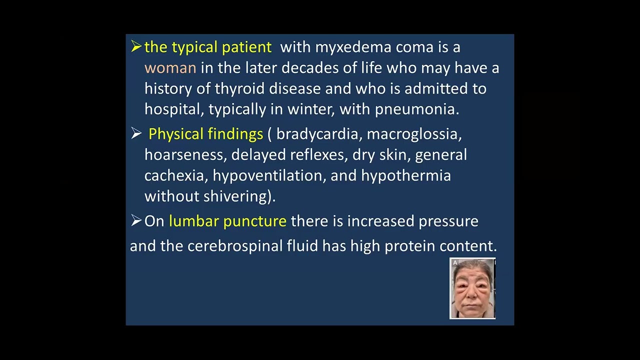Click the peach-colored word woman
point(170,68)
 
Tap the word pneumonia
point(416,109)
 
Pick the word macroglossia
point(414,134)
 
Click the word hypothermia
point(406,176)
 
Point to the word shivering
point(239,196)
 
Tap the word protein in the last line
point(409,246)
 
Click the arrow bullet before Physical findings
point(136,133)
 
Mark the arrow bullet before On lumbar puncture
point(136,220)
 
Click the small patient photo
point(472,288)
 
